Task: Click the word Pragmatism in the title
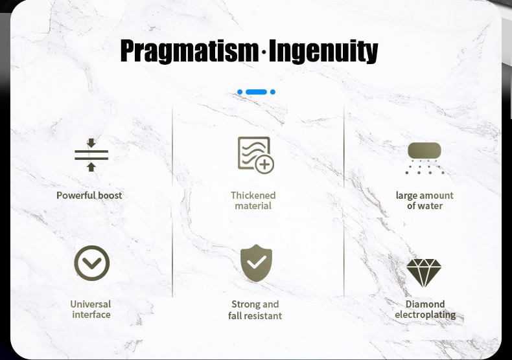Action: pos(189,51)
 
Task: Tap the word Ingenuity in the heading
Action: pos(323,51)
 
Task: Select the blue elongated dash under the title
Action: pos(257,92)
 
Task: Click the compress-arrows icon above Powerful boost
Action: pos(91,155)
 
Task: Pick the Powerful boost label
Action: pos(89,196)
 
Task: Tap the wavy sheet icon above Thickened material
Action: pos(255,155)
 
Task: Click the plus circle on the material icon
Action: pos(264,164)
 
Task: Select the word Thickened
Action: pos(253,196)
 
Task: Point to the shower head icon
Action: pos(425,158)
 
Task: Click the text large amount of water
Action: pos(425,201)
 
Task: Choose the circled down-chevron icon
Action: pos(92,263)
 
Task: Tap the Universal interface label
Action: pos(91,309)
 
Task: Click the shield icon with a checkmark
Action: pos(257,263)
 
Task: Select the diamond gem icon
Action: pos(424,273)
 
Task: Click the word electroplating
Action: pos(425,315)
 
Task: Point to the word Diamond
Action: pos(425,304)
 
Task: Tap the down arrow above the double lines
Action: pos(91,143)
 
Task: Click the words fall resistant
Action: pos(255,316)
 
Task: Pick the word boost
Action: pos(110,196)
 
